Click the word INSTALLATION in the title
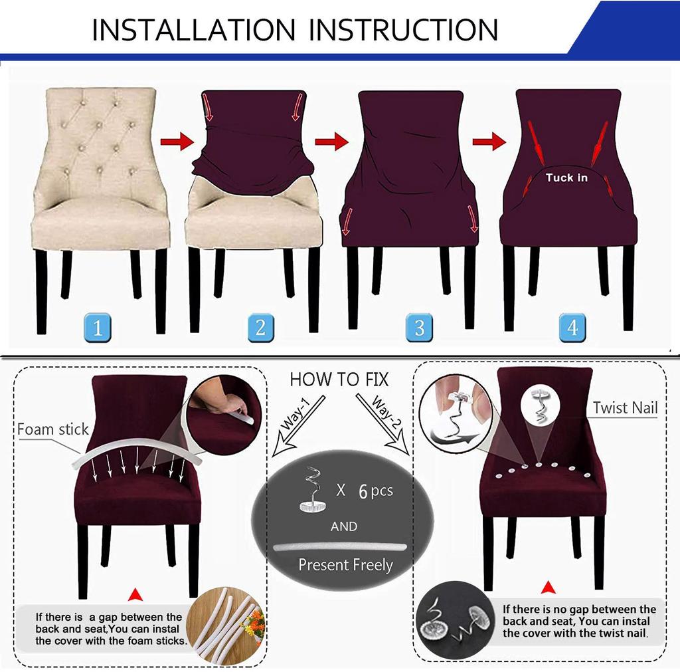tap(193, 30)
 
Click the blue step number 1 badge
tap(98, 327)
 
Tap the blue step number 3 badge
tap(419, 327)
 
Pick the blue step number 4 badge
tap(573, 327)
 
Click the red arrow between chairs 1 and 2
tap(176, 142)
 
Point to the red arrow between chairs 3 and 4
tap(489, 142)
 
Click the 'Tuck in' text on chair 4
tap(566, 177)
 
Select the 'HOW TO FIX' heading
tap(339, 380)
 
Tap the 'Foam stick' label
tap(52, 429)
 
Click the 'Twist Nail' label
tap(625, 407)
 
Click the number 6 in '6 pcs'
tap(363, 492)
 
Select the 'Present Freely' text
tap(345, 565)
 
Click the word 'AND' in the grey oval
tap(343, 526)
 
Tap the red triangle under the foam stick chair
tap(136, 593)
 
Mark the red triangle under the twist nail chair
tap(549, 588)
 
